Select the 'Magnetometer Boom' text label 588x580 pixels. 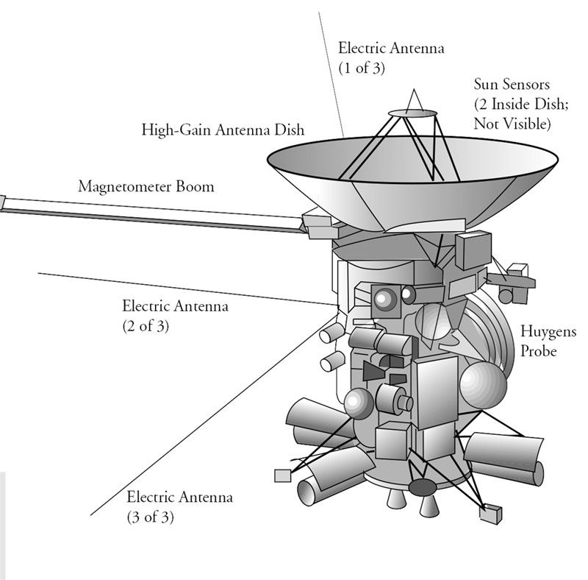146,187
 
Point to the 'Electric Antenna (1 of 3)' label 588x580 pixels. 381,57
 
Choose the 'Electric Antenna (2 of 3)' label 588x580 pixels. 175,315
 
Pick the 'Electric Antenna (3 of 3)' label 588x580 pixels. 179,506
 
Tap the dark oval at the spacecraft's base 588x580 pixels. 422,487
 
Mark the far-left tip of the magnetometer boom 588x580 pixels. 2,200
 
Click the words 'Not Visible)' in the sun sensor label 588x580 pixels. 512,123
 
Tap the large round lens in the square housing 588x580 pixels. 384,298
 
